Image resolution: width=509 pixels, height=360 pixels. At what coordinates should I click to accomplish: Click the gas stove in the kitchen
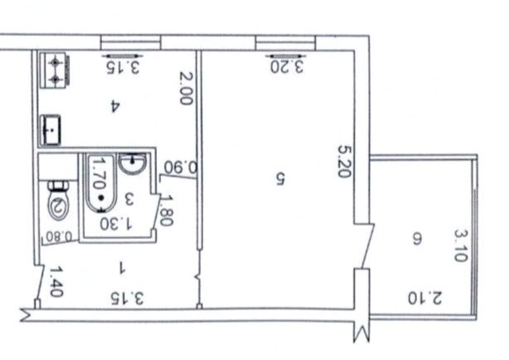pos(55,70)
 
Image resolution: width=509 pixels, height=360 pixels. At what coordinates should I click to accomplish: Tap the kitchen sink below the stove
pos(51,129)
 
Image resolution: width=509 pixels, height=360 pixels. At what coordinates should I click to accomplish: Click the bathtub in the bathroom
pos(99,183)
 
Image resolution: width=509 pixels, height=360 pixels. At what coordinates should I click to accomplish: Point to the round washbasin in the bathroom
pos(133,163)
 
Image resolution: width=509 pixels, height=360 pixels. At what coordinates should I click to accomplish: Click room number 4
pos(115,106)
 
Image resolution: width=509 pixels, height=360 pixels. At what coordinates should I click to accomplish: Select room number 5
pos(280,178)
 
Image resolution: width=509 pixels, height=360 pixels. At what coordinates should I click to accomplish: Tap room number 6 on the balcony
pos(417,240)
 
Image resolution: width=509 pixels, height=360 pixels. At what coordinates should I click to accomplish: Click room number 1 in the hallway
pos(122,268)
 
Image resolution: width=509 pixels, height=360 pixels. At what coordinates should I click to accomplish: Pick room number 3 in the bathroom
pos(129,199)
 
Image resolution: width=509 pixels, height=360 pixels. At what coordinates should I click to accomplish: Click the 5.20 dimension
pos(344,161)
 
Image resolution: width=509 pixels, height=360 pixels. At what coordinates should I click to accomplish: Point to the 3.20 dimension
pos(287,66)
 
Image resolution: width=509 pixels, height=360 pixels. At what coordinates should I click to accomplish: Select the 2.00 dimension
pos(187,89)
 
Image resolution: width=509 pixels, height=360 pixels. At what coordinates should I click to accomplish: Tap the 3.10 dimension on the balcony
pos(461,246)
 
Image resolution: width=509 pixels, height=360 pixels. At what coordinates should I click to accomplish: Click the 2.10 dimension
pos(424,299)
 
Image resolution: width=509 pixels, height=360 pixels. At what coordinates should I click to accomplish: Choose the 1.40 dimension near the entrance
pos(56,282)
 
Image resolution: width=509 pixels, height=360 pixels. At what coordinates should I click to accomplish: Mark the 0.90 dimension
pos(181,168)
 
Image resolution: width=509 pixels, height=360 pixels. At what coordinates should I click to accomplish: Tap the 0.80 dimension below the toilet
pos(59,236)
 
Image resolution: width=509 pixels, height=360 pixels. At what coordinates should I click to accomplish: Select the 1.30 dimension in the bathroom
pos(116,223)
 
